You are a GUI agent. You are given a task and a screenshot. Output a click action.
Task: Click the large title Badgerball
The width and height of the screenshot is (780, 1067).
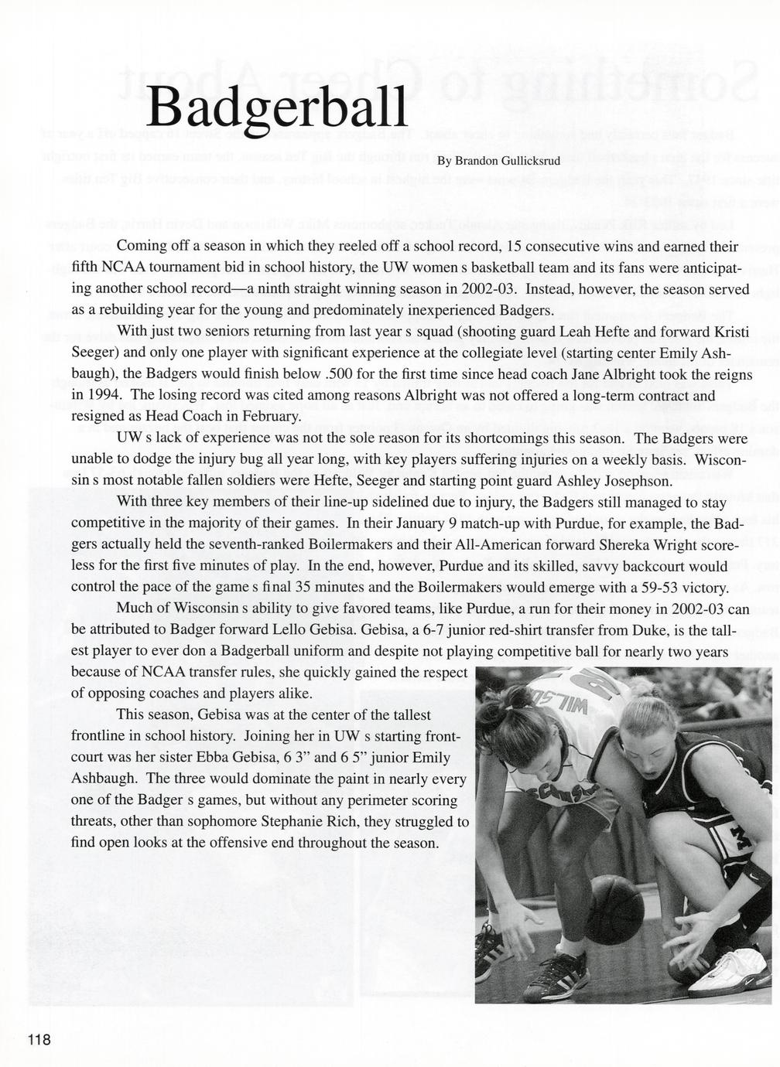[x=277, y=108]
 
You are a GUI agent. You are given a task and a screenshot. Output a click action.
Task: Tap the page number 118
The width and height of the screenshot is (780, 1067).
[x=39, y=1039]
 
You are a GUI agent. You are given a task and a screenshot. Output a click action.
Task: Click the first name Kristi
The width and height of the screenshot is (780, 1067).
[x=731, y=331]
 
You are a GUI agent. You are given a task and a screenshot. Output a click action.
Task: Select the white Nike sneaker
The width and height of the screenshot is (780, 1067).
[x=724, y=970]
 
